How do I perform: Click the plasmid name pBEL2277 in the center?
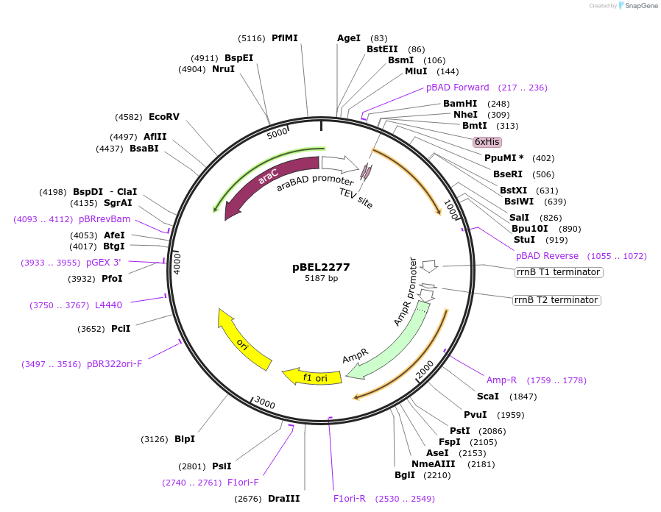point(321,267)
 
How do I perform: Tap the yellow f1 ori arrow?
point(313,377)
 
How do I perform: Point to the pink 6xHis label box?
point(487,141)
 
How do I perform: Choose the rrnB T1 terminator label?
point(558,272)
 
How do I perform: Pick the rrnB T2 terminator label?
point(556,300)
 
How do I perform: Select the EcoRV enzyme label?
point(164,117)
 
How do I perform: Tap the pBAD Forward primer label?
point(457,88)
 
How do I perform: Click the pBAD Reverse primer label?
point(547,256)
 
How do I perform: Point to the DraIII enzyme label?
point(283,499)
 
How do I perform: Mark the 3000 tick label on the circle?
point(265,404)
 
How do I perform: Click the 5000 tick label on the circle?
point(278,134)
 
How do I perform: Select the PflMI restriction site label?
point(285,38)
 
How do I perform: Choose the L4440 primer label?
point(108,305)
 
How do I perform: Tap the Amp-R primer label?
point(501,380)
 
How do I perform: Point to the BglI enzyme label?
point(405,475)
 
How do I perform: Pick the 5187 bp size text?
point(321,279)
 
